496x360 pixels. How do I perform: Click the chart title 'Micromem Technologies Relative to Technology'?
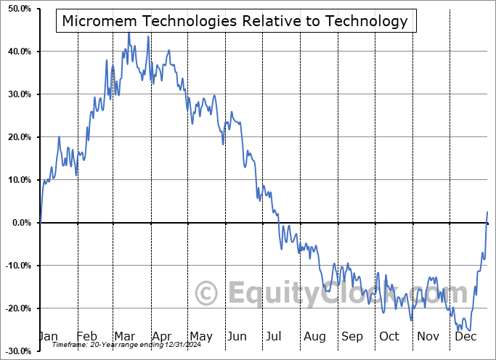[235, 21]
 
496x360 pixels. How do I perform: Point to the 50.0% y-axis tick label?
[17, 9]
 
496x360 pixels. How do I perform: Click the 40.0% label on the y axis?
[17, 52]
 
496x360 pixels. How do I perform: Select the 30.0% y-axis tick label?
[17, 94]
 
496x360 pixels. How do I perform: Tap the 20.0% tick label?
[17, 137]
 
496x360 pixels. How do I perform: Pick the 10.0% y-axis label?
[17, 180]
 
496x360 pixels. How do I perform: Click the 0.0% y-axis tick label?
[20, 223]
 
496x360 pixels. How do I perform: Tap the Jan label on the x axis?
[49, 336]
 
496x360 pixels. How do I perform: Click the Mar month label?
[123, 336]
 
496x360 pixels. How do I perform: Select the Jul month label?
[275, 336]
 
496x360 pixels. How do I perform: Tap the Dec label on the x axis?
[465, 336]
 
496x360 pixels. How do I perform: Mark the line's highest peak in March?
[129, 32]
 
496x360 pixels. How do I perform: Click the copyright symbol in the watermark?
[207, 294]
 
